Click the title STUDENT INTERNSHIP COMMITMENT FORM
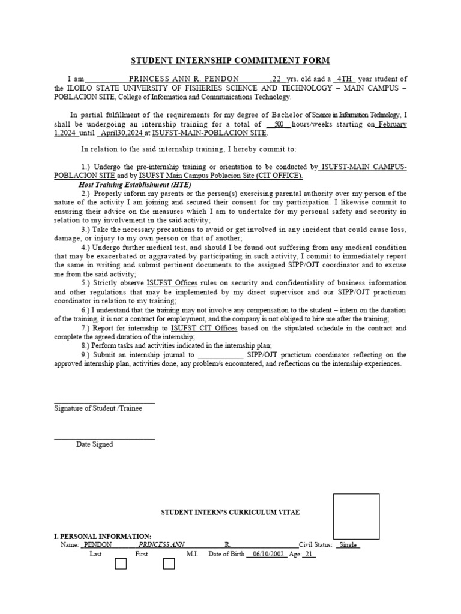pos(230,61)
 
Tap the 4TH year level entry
pos(345,79)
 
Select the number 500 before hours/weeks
pos(279,125)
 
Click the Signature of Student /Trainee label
pos(98,408)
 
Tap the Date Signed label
pos(94,444)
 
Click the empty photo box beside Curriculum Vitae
pos(357,516)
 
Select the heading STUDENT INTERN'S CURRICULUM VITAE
pos(230,513)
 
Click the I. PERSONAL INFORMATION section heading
pos(103,536)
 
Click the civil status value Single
pos(348,545)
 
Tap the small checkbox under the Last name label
pos(121,564)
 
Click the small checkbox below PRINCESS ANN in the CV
pos(169,564)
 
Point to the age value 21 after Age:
pos(309,554)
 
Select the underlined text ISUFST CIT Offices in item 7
pos(204,329)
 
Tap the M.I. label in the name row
pos(192,554)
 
